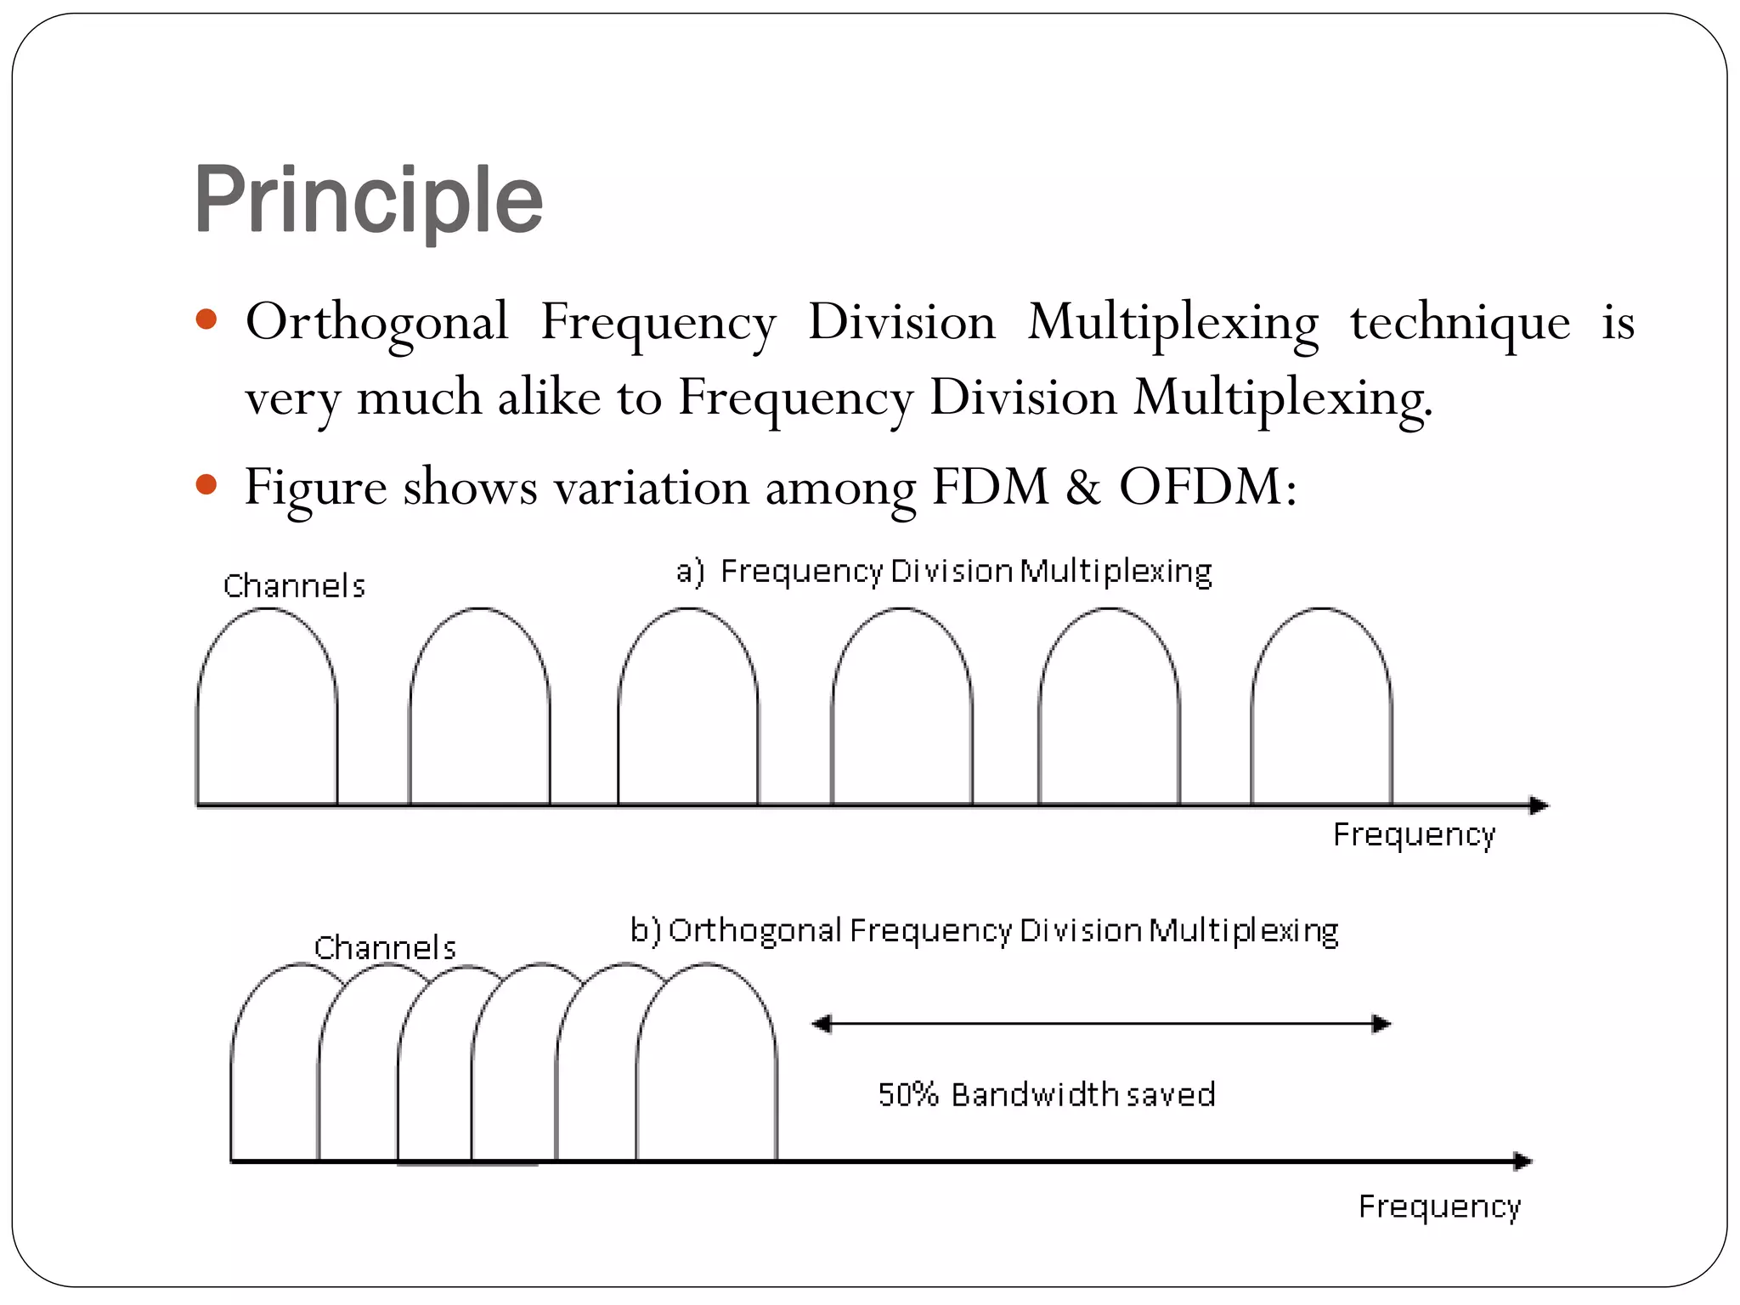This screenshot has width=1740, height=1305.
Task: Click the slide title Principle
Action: pos(368,200)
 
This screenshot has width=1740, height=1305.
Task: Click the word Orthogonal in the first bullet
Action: pos(376,323)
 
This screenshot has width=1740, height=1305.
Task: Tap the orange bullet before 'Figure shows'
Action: pos(206,486)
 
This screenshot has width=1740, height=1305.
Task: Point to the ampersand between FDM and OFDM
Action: pos(1082,487)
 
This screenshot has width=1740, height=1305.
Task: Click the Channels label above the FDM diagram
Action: pos(294,586)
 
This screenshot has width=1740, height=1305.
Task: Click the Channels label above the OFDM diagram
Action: pos(385,947)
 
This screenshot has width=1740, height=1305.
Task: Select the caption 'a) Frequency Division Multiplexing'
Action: pos(943,572)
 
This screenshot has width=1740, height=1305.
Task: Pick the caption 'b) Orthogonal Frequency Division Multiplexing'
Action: pos(984,931)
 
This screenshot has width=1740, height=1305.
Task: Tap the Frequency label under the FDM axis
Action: pos(1414,835)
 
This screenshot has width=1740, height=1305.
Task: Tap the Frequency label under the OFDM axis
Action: pos(1439,1207)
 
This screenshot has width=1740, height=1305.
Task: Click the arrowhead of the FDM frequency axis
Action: pos(1539,805)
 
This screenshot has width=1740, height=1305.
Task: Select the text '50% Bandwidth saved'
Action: pos(1046,1095)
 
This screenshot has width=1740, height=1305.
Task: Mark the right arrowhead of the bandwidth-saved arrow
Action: pos(1381,1024)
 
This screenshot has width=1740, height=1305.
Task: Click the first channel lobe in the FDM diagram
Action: pos(267,714)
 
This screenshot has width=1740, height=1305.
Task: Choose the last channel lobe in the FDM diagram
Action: pos(1321,714)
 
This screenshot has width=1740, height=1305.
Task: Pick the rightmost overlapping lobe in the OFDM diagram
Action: pos(707,1071)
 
